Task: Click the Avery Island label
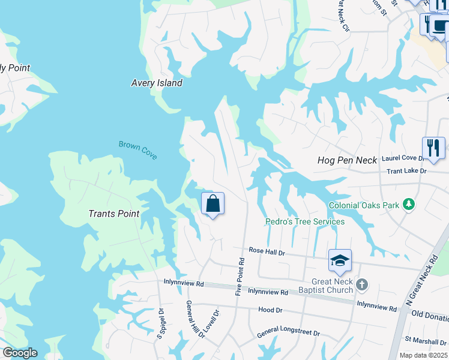pyautogui.click(x=157, y=83)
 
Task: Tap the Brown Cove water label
pyautogui.click(x=137, y=149)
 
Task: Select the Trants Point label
pyautogui.click(x=114, y=214)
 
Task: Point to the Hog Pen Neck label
pyautogui.click(x=347, y=160)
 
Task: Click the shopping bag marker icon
pyautogui.click(x=212, y=203)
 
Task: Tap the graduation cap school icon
pyautogui.click(x=340, y=260)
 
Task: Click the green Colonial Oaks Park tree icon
pyautogui.click(x=409, y=205)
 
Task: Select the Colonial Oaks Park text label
pyautogui.click(x=364, y=205)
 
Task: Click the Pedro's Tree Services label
pyautogui.click(x=305, y=221)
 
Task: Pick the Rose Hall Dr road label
pyautogui.click(x=267, y=253)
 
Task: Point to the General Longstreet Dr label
pyautogui.click(x=288, y=333)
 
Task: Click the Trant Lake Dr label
pyautogui.click(x=406, y=171)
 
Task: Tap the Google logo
pyautogui.click(x=20, y=353)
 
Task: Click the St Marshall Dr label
pyautogui.click(x=426, y=341)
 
